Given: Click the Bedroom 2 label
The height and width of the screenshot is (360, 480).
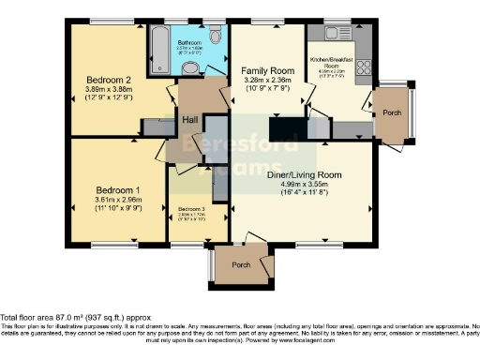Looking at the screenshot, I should coord(105,80).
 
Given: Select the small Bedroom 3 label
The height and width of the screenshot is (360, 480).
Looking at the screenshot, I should coord(191,207).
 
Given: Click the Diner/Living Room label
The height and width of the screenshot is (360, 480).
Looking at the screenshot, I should coord(304,174).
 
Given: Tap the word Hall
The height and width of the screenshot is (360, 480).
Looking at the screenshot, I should coord(189,119).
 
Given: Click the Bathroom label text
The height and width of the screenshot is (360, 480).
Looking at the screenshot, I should coord(190,43).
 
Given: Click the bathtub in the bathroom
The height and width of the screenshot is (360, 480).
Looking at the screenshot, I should coord(157,42).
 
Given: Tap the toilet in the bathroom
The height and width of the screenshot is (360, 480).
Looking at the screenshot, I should coord(217,37).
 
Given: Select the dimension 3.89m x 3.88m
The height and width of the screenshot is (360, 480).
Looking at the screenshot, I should coord(105,90).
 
